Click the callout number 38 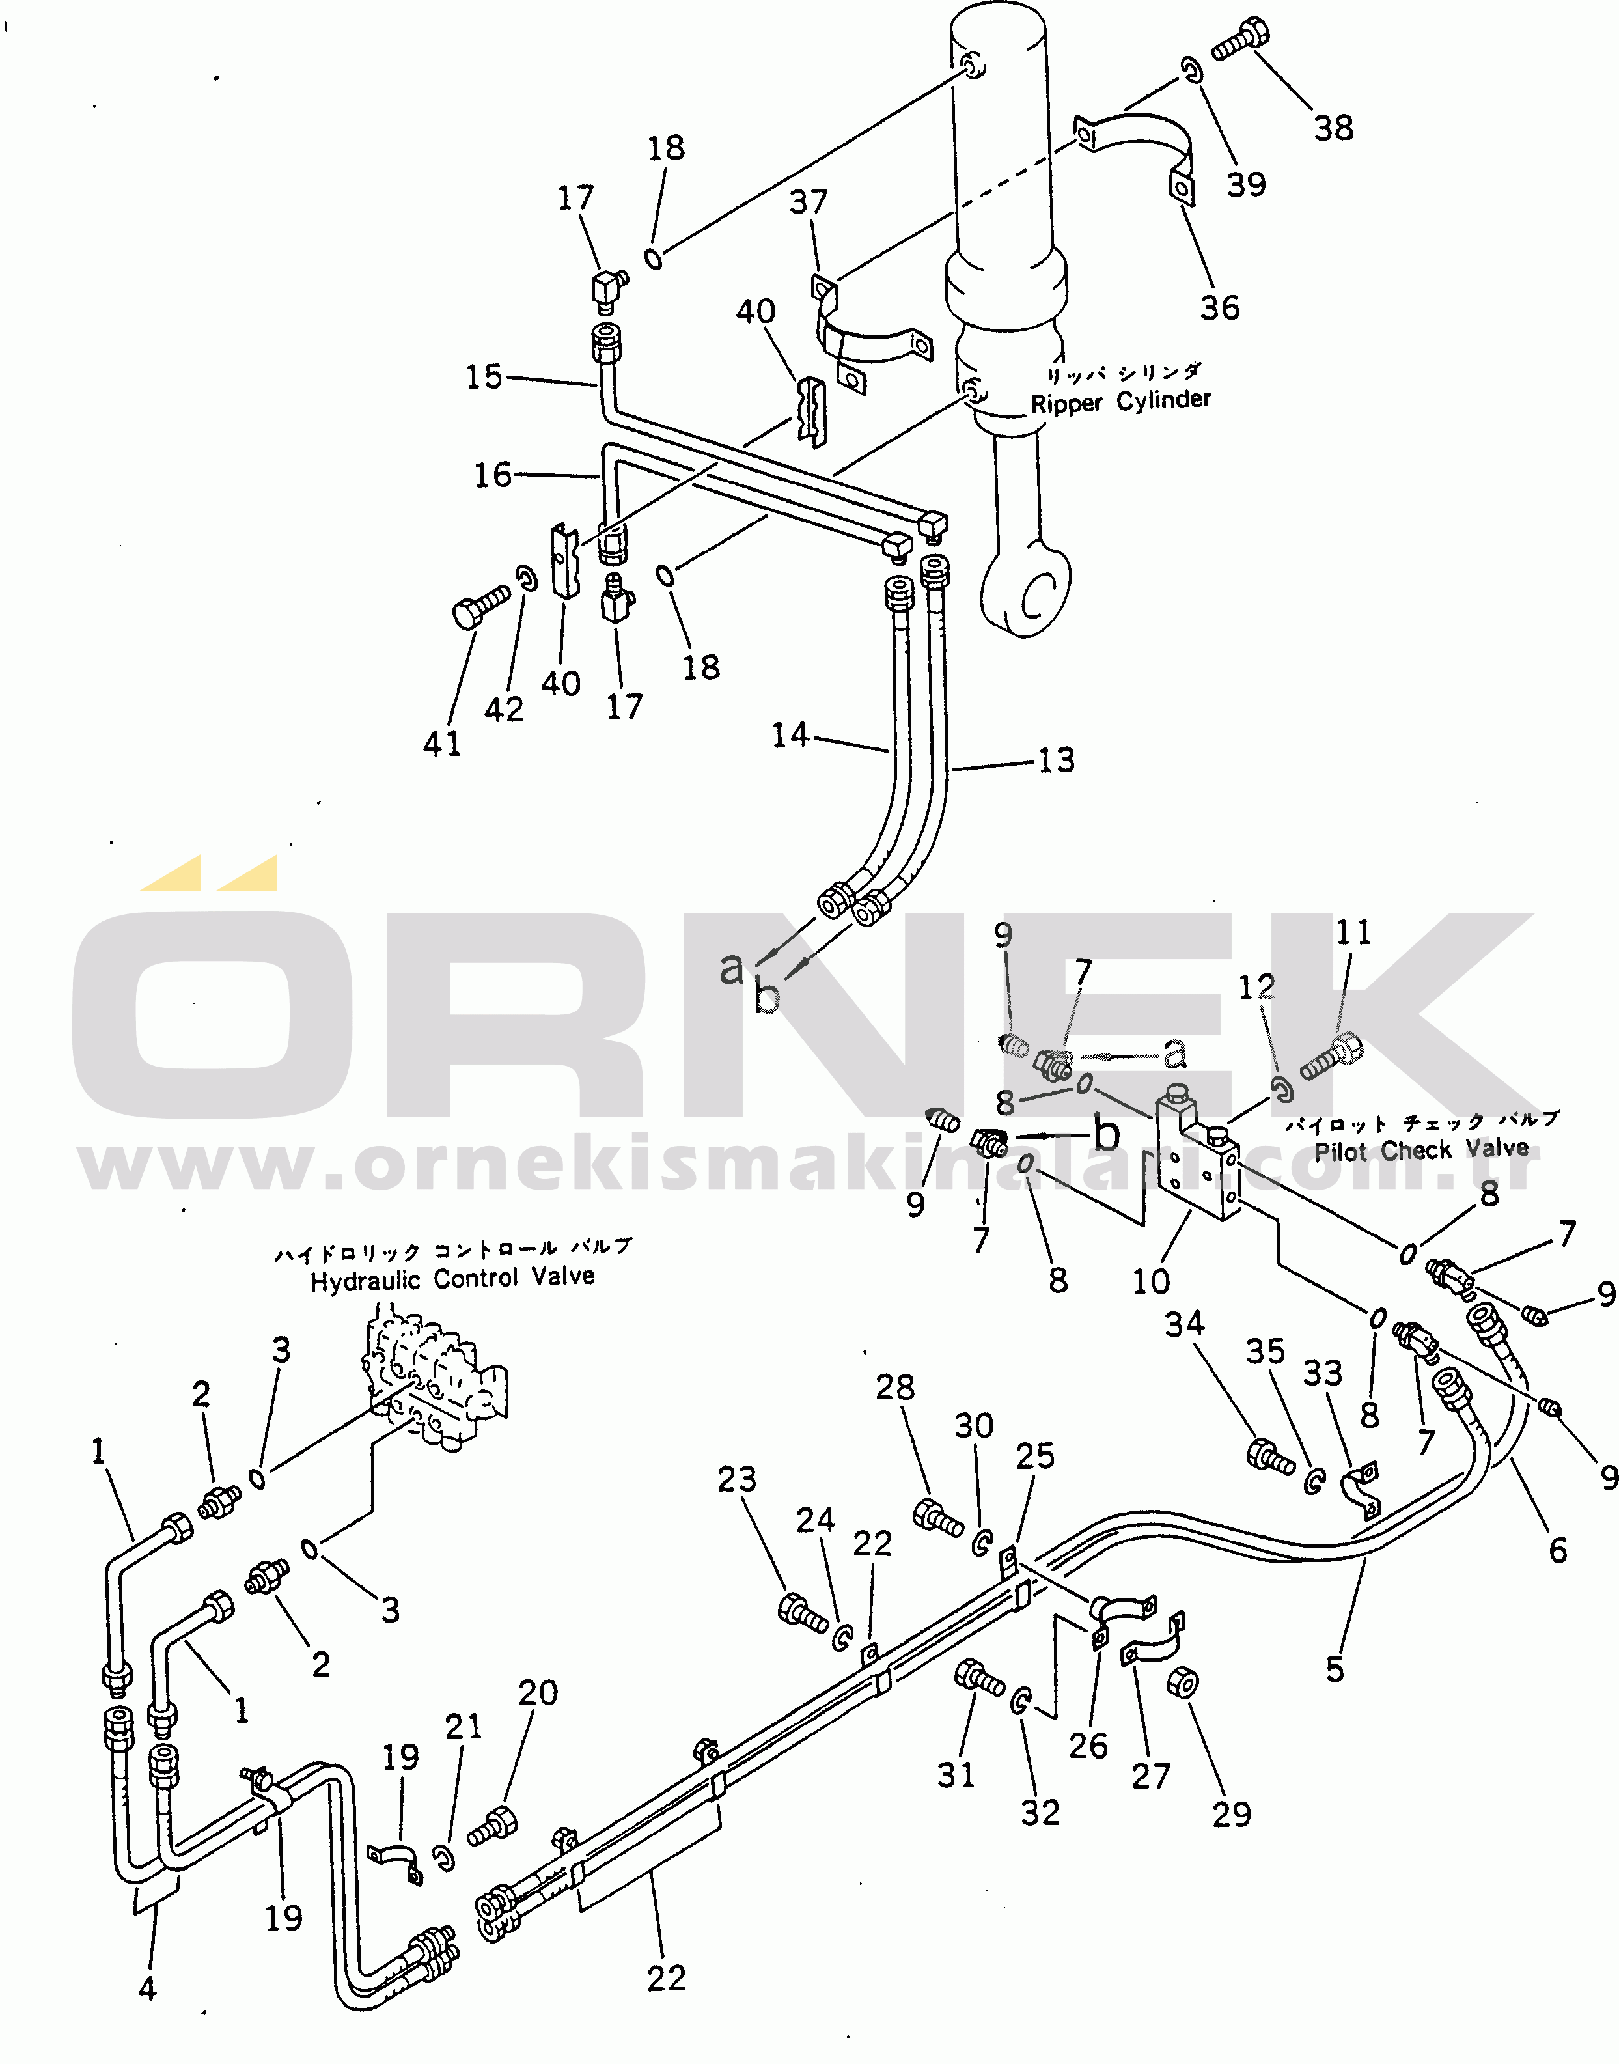1334,128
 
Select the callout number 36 1220,307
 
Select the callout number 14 790,735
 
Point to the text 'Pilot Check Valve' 1421,1150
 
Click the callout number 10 1152,1282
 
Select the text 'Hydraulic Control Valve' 453,1279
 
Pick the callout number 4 147,1988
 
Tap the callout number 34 1185,1324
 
